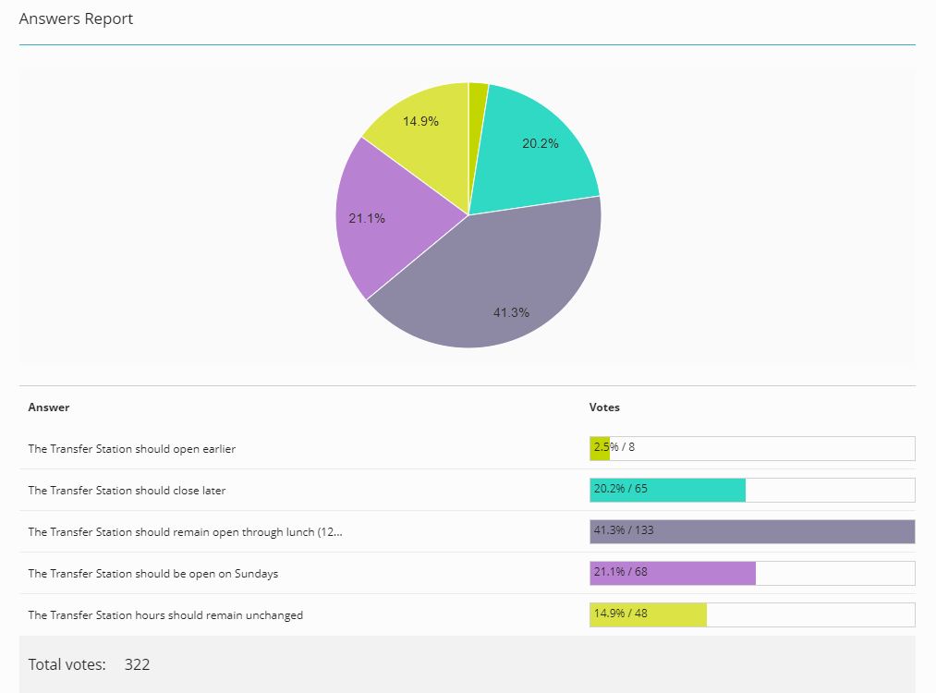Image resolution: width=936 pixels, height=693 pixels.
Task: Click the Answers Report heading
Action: (x=76, y=18)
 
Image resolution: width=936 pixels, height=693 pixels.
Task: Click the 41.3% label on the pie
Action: (x=511, y=312)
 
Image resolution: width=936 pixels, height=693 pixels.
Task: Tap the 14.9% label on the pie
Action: (x=420, y=121)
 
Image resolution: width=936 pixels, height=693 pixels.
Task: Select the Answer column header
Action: (x=49, y=407)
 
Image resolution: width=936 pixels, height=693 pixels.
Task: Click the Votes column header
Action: (x=604, y=407)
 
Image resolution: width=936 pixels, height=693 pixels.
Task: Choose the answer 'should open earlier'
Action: (x=132, y=449)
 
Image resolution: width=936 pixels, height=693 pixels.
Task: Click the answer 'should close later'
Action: (x=127, y=491)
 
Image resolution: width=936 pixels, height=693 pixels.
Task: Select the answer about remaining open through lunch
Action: (x=185, y=532)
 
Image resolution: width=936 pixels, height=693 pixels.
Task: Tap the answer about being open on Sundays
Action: (x=153, y=574)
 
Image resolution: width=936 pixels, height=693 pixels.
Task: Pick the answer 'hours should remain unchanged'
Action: (x=165, y=615)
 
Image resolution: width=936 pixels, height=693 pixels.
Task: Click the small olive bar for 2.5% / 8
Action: (x=599, y=449)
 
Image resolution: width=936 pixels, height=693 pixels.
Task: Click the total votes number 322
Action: (x=137, y=664)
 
